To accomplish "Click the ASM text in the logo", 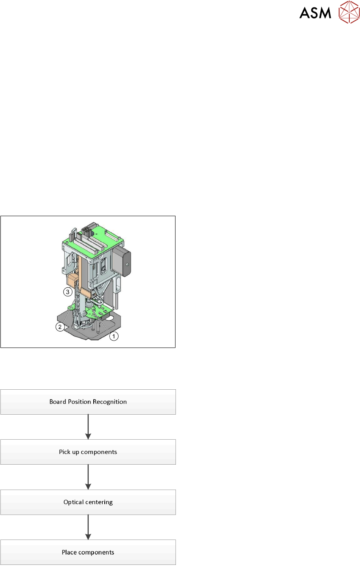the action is pos(315,13).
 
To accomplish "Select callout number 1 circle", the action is pos(114,336).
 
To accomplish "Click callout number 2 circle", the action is pos(60,327).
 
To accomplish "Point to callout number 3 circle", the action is pos(67,292).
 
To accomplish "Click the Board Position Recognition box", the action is pos(88,402).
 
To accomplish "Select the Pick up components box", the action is pos(88,452).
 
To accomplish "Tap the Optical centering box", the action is pos(88,502).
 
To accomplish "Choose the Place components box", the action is pos(88,552).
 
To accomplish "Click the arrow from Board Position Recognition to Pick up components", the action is pos(88,427).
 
